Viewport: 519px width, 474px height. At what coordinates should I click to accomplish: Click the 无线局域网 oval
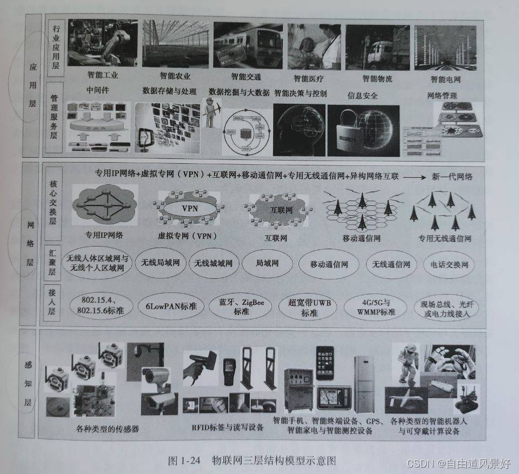[161, 263]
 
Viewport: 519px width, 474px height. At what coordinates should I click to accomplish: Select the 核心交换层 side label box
[54, 206]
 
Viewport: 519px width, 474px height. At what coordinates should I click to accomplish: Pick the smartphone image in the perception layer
[324, 363]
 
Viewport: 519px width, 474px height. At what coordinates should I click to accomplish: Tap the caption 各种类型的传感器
[108, 429]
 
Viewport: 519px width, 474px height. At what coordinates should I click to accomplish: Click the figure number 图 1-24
[184, 460]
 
